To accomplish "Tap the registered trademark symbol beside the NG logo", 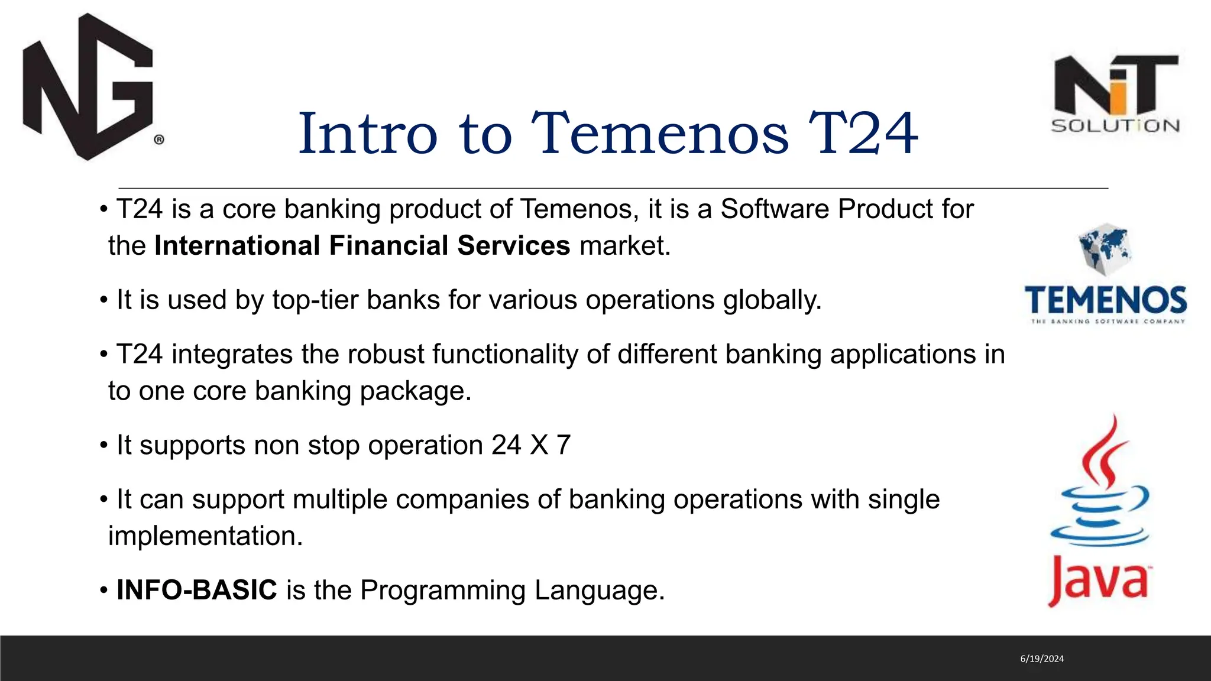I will pos(159,140).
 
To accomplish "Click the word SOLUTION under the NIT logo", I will pos(1115,126).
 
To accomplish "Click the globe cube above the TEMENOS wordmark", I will pos(1104,249).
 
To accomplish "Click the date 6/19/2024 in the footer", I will pos(1042,659).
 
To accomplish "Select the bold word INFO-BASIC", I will pos(197,590).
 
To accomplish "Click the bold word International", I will pos(237,245).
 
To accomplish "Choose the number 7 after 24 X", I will pos(564,445).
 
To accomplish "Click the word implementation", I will pos(205,536).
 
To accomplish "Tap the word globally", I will pos(772,300).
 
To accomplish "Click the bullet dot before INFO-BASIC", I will pos(103,591).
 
